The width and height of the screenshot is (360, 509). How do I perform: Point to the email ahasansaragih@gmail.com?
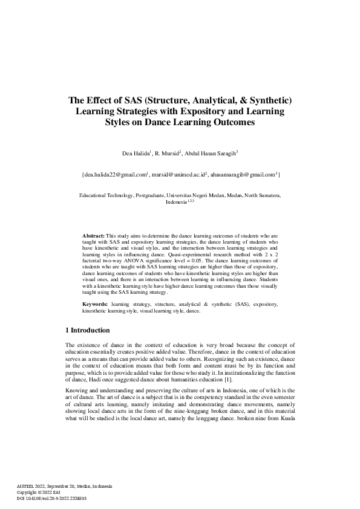tap(241, 174)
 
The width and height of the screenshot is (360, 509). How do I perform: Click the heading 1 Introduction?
tap(87, 331)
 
